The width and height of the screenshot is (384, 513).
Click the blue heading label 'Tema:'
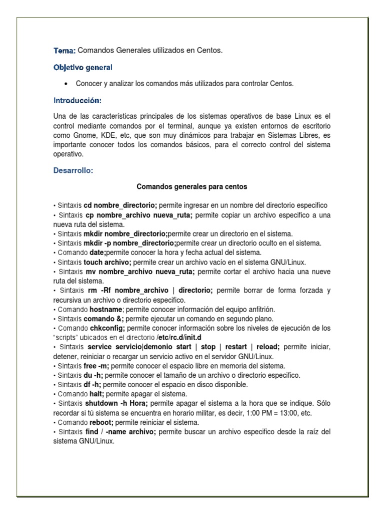[x=64, y=51]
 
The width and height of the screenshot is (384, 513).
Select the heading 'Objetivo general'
[x=82, y=67]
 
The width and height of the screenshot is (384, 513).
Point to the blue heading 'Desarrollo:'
[x=73, y=171]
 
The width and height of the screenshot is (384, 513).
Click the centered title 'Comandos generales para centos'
[x=192, y=187]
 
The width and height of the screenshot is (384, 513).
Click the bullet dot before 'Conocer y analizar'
[x=66, y=84]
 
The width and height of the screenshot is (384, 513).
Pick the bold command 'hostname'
[x=106, y=309]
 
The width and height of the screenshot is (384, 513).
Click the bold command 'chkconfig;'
[x=107, y=328]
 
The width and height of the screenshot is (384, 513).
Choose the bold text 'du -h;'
[x=93, y=375]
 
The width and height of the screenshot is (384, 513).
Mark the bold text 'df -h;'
[x=92, y=385]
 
